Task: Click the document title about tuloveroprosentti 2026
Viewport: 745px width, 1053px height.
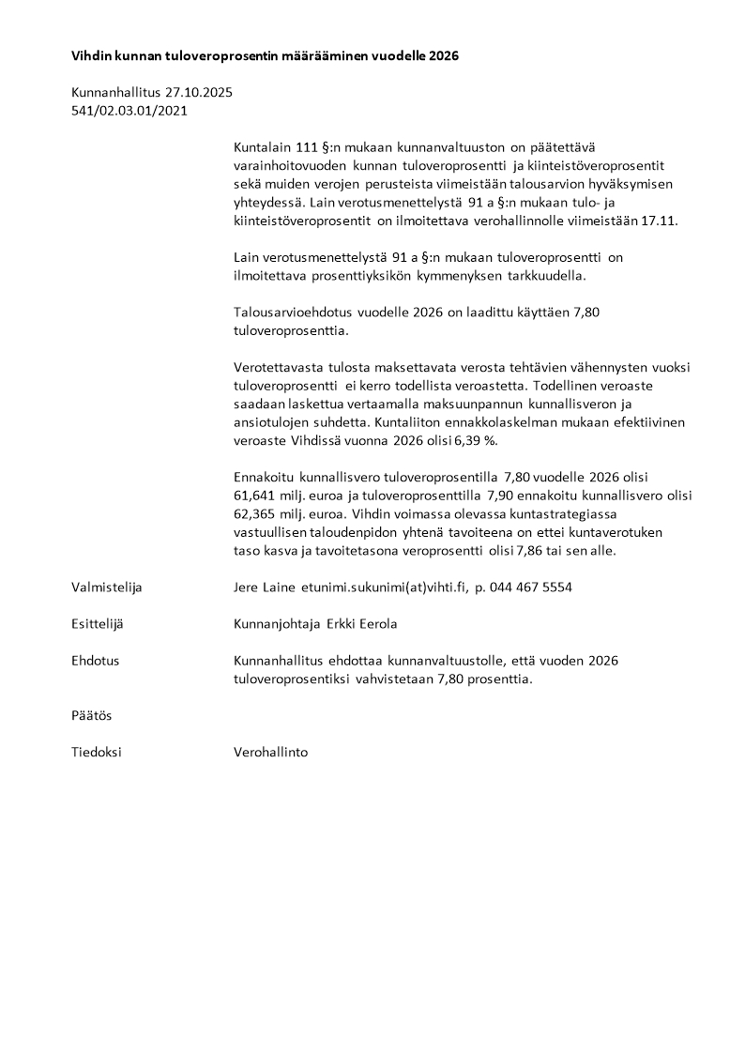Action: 265,56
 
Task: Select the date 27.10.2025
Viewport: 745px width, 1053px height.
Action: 199,93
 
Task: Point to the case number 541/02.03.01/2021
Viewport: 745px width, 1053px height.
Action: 129,110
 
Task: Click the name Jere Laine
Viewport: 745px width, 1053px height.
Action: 265,588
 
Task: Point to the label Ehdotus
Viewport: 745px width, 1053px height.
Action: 96,661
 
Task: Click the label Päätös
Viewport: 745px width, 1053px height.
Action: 92,715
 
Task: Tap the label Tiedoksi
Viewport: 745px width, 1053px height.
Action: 97,752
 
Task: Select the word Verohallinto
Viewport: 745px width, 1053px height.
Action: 270,752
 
